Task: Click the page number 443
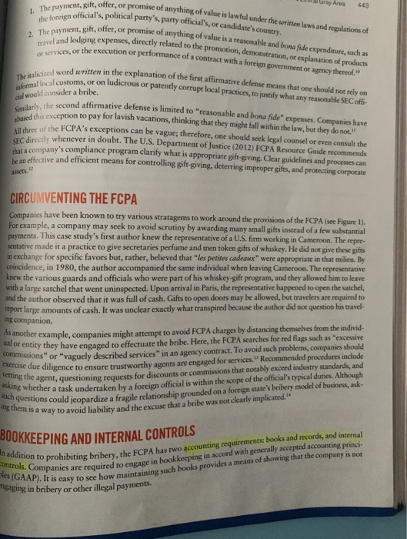[389, 5]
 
